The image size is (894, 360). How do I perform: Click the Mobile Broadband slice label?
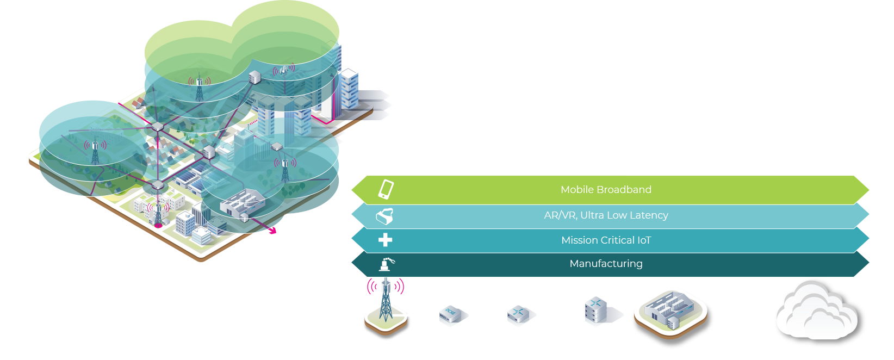click(x=606, y=190)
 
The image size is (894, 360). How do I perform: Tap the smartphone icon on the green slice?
click(x=386, y=189)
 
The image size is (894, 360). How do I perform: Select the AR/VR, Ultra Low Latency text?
click(x=606, y=215)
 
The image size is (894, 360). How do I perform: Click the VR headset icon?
click(x=384, y=216)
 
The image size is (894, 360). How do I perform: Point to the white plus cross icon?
click(x=385, y=240)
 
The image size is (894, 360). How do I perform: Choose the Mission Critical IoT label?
click(x=606, y=240)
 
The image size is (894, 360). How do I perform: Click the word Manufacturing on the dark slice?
click(x=606, y=264)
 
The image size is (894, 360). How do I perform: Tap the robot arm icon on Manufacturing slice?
click(x=387, y=264)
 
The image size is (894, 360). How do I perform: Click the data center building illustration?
click(x=670, y=311)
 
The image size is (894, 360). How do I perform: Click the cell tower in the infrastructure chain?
click(x=386, y=305)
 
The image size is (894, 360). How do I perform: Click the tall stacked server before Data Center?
click(x=595, y=312)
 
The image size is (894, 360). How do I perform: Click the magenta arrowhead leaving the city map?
click(x=273, y=231)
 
